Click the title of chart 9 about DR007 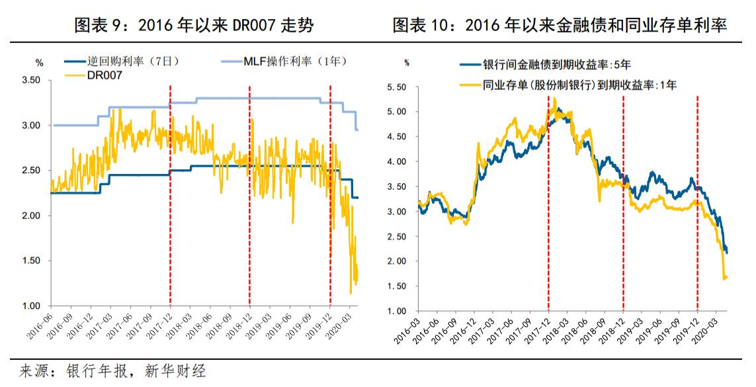tap(194, 25)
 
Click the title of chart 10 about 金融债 tap(560, 25)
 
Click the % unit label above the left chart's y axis tap(39, 64)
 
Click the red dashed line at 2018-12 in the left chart tap(249, 198)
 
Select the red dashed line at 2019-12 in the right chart tap(698, 198)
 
